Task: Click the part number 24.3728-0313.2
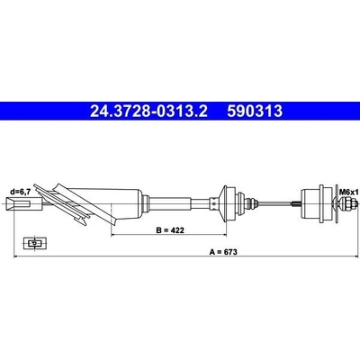(x=148, y=111)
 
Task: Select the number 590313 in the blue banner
(x=255, y=111)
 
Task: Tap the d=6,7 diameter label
(x=20, y=193)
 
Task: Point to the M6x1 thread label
(x=349, y=193)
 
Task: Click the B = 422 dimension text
(x=170, y=230)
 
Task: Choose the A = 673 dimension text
(x=223, y=252)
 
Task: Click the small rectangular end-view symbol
(x=35, y=243)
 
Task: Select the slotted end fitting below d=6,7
(x=19, y=203)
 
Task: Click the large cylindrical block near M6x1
(x=313, y=204)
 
